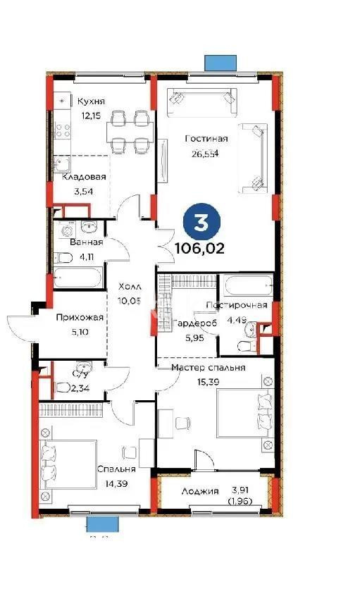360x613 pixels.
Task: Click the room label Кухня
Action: (x=92, y=101)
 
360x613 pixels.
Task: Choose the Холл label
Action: (x=130, y=287)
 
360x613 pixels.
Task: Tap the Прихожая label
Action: (x=80, y=318)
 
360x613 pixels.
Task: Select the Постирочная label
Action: (x=237, y=305)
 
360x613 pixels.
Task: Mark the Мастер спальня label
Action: (x=209, y=368)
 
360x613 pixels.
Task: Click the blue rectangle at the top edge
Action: (x=221, y=63)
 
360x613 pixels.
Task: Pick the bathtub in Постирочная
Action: (x=247, y=288)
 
